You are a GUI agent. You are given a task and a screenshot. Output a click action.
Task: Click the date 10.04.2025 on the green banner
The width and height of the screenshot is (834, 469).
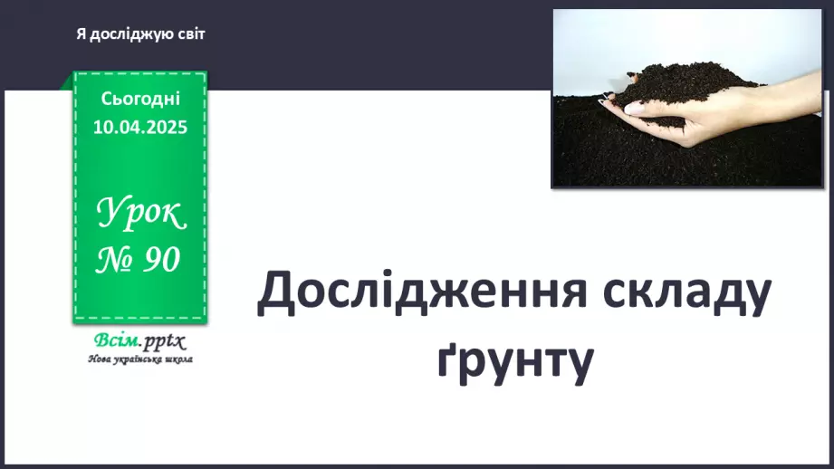tap(139, 127)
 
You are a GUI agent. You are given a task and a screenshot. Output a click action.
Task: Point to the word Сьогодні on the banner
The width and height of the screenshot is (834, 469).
tap(139, 99)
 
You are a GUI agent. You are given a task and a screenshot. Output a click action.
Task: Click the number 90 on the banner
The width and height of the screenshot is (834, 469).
tap(160, 260)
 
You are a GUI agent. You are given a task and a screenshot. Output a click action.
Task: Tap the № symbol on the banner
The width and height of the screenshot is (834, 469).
tap(115, 260)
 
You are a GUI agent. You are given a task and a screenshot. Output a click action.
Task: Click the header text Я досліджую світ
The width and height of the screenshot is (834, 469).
tap(140, 34)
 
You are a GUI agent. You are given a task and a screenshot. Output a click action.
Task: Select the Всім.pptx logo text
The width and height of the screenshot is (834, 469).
tap(139, 341)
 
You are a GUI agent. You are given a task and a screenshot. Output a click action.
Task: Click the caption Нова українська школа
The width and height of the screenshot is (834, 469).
tap(139, 359)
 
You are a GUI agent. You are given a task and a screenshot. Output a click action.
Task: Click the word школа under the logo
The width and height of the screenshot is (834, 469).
tap(177, 359)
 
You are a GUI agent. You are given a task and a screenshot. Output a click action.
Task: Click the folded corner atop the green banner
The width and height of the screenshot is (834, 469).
tap(67, 81)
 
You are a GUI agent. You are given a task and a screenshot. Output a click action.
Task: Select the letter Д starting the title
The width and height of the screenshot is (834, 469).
tap(273, 294)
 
